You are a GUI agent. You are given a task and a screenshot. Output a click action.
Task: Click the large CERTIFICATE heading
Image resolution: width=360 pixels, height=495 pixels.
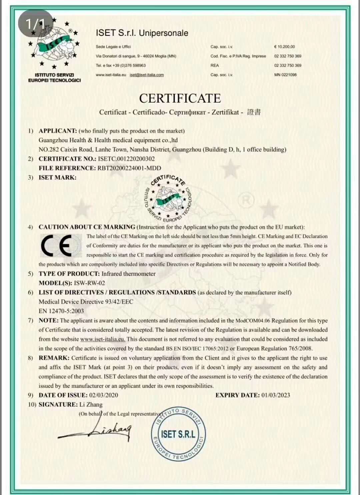[180, 98]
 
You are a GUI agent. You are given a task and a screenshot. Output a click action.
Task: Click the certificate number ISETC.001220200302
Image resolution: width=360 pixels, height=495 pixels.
[126, 159]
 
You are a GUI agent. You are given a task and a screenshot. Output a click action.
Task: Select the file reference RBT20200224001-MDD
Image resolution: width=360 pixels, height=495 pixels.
[129, 168]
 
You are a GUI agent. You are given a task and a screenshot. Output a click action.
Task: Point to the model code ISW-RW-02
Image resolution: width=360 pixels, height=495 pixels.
[89, 283]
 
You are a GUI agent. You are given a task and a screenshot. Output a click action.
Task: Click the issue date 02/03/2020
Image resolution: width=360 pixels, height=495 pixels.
[103, 395]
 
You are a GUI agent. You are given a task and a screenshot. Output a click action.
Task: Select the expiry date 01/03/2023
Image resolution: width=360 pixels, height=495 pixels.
[275, 395]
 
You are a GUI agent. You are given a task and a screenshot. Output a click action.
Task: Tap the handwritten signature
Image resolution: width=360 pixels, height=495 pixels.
[100, 430]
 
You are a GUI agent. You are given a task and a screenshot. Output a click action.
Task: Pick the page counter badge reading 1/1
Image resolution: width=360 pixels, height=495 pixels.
[35, 23]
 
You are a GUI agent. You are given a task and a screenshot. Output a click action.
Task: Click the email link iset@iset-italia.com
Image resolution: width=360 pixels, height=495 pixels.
[147, 75]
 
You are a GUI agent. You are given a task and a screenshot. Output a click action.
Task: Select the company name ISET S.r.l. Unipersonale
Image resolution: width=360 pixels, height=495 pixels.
[142, 33]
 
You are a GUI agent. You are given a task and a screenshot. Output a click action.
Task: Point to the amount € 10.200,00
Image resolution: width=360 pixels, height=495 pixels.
[284, 47]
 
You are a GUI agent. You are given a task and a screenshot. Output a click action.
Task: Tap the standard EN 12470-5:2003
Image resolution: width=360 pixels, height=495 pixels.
[61, 311]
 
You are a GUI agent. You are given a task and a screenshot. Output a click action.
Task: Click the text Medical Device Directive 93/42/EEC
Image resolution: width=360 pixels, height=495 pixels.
[86, 302]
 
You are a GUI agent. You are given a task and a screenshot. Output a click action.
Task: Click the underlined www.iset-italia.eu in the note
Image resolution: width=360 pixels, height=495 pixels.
[103, 339]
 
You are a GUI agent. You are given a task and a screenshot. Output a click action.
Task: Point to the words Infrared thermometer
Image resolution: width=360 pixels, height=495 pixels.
[129, 274]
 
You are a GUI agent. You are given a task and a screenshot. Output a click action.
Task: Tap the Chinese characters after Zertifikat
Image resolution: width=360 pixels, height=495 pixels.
[254, 112]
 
